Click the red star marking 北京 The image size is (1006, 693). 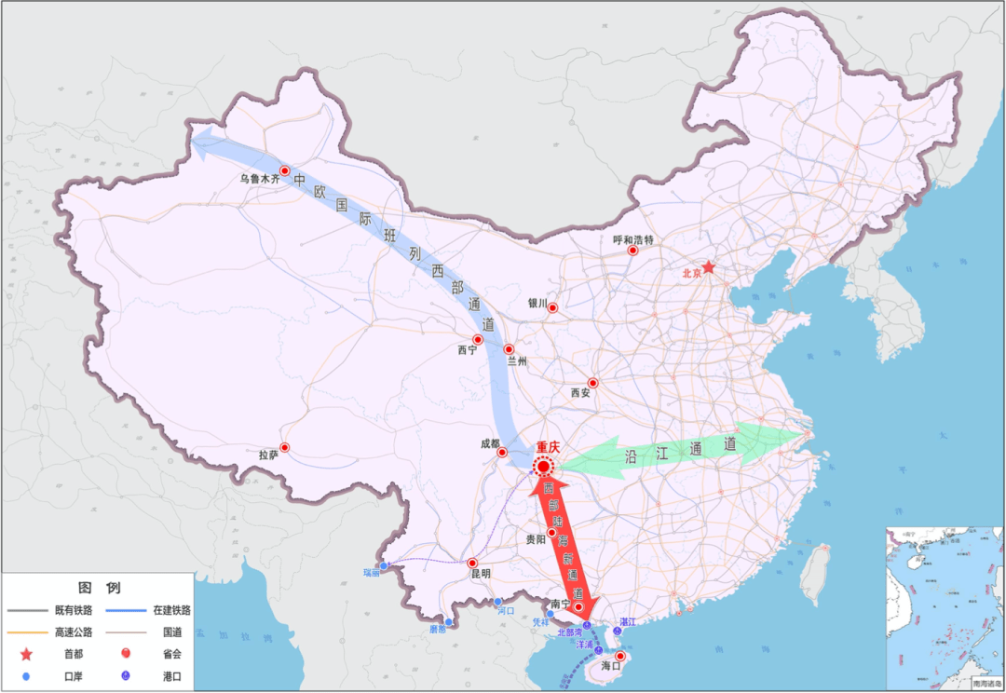coord(708,267)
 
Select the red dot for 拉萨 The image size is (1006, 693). coord(285,448)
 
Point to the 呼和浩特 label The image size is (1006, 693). coord(633,239)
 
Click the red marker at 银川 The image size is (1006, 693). coord(552,308)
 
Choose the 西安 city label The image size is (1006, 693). coord(580,393)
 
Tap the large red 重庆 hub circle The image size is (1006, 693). coord(543,466)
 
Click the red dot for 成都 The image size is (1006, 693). coord(502,454)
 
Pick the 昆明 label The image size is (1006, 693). coord(480,574)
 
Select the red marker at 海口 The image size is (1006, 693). coord(619,657)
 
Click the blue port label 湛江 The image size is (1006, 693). coord(628,621)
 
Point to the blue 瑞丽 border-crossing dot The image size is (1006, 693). coord(383,566)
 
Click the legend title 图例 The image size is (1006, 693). coord(99,588)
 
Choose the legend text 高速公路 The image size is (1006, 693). coord(74,632)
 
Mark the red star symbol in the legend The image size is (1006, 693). coord(25,656)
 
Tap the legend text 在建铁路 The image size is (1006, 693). coord(169,610)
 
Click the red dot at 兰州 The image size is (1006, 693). coord(509,349)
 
